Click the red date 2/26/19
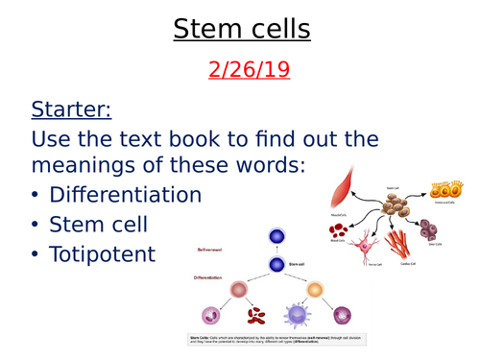pyautogui.click(x=241, y=70)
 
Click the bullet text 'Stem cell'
pyautogui.click(x=97, y=226)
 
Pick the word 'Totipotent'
pyautogui.click(x=103, y=257)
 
